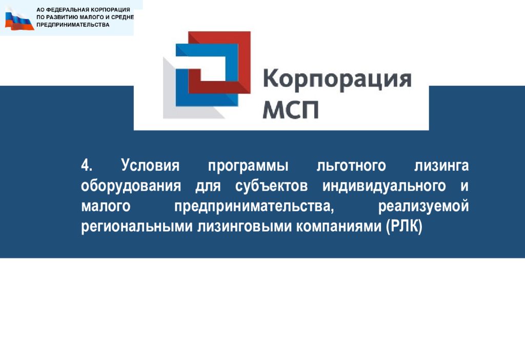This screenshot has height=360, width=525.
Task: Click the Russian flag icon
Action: [19, 19]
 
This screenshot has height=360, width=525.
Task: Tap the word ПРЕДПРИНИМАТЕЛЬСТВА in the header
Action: [73, 25]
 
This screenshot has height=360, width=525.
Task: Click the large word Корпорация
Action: [337, 79]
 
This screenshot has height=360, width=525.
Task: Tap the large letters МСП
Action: [290, 110]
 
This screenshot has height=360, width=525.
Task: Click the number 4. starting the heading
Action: [86, 166]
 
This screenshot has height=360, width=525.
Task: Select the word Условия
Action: [150, 166]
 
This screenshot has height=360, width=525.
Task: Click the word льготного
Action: [351, 166]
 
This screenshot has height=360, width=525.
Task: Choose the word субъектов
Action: [271, 186]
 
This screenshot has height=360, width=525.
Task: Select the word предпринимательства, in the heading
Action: [254, 207]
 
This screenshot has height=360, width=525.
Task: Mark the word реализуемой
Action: [423, 207]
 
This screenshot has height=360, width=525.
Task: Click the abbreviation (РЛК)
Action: [404, 226]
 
